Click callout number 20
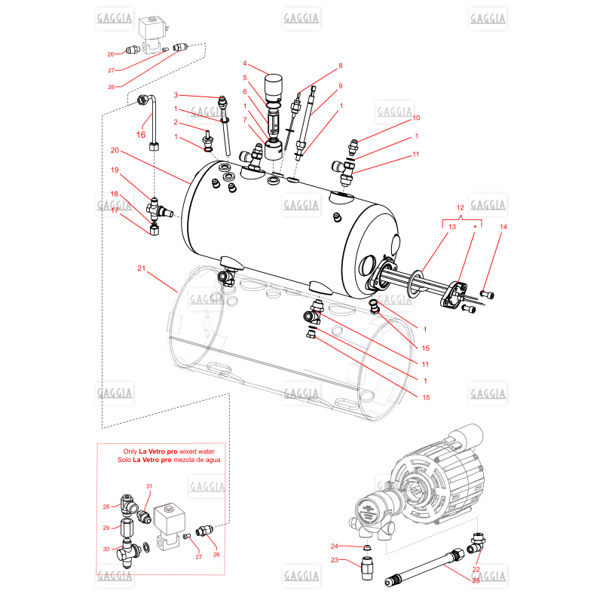click(115, 150)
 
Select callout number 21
click(142, 268)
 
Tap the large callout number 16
click(141, 135)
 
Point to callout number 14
click(504, 227)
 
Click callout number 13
click(451, 227)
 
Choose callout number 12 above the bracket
click(461, 208)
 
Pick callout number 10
click(416, 118)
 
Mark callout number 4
click(244, 63)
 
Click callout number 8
click(341, 66)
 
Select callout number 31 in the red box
click(149, 486)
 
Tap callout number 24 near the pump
click(334, 546)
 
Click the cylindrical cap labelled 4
click(273, 88)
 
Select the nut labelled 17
click(155, 230)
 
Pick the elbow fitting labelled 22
click(477, 542)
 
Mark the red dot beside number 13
click(475, 227)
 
